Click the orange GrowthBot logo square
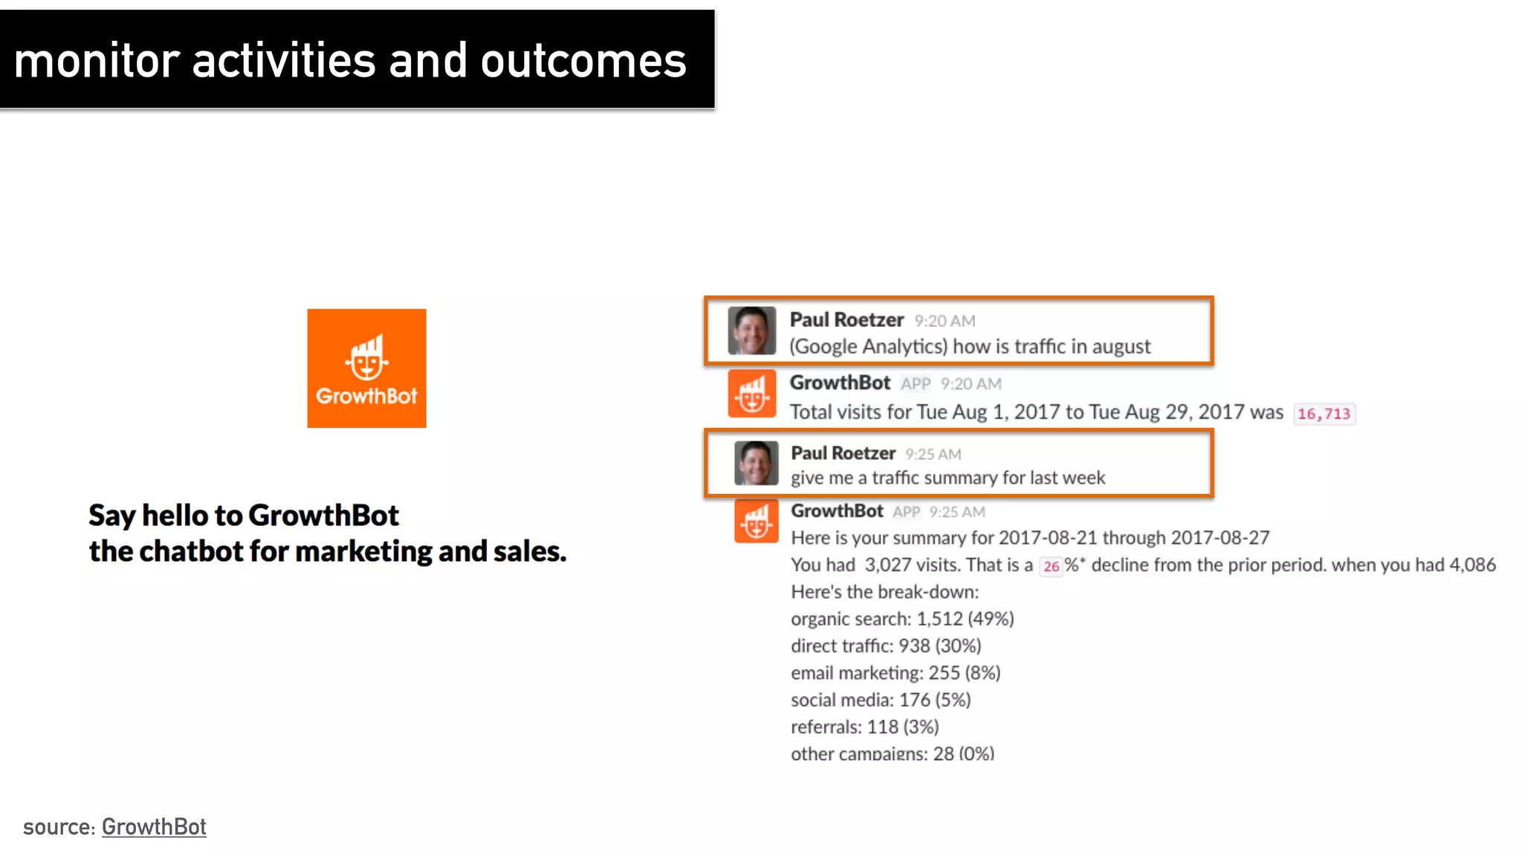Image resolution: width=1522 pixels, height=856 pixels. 366,368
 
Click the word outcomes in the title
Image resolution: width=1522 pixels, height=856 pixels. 583,61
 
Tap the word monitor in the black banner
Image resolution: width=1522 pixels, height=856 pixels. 97,61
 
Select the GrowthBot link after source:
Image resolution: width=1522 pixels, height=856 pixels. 154,826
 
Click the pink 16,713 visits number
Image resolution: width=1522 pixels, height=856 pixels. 1324,414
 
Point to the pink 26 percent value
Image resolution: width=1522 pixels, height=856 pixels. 1051,566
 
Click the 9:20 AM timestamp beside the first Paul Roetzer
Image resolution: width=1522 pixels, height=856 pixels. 945,321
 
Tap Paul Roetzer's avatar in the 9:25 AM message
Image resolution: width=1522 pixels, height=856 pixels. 756,463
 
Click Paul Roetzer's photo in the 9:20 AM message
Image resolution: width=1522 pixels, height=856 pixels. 751,331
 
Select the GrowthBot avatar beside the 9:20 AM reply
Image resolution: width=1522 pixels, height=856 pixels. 751,394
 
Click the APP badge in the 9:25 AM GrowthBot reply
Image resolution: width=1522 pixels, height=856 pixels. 906,512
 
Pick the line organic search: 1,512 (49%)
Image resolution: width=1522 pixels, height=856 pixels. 901,619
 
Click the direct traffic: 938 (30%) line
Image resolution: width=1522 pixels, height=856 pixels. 885,646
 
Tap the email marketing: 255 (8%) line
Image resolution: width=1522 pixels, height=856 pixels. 895,672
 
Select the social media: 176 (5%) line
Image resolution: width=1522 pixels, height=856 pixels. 880,700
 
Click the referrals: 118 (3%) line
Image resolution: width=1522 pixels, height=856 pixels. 864,727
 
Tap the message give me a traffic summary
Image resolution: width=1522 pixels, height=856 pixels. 948,478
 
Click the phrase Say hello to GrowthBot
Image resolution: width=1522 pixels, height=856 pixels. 243,515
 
